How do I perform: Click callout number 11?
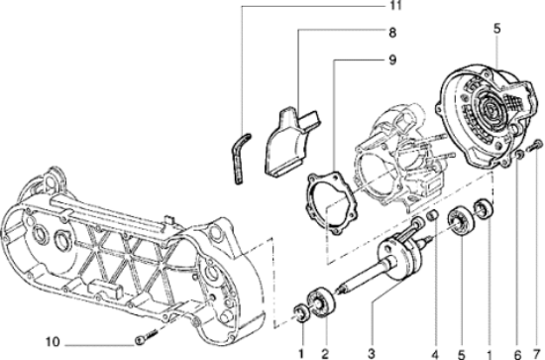[394, 6]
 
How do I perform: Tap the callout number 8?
[392, 33]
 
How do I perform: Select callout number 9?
[392, 60]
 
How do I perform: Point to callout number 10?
[53, 342]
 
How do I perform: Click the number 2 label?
[325, 354]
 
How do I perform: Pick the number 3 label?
[372, 354]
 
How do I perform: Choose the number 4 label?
[435, 354]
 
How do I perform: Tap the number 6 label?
[517, 354]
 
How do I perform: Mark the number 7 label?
[537, 354]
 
